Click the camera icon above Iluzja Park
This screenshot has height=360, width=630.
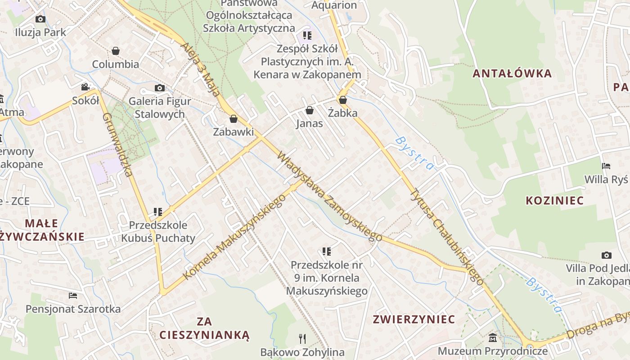point(40,19)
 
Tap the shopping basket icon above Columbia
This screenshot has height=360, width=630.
point(116,51)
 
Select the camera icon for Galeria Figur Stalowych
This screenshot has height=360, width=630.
point(160,88)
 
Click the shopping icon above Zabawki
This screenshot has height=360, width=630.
point(233,119)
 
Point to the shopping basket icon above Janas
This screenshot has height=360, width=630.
point(309,110)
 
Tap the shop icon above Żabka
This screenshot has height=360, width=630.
point(343,100)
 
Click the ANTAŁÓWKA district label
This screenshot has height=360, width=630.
point(512,73)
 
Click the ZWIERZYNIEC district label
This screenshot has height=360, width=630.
point(414,319)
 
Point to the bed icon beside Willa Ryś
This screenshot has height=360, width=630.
point(606,166)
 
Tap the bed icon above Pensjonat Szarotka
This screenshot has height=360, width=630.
point(73,296)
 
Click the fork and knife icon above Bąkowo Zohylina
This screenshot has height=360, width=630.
point(302,338)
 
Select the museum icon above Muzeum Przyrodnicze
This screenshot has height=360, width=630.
point(493,337)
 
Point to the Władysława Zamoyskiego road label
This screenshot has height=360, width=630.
point(329,196)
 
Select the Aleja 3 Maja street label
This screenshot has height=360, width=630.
point(201,69)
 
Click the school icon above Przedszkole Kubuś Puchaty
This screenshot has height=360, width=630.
point(157,211)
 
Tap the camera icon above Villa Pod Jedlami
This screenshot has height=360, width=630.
point(607,255)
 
